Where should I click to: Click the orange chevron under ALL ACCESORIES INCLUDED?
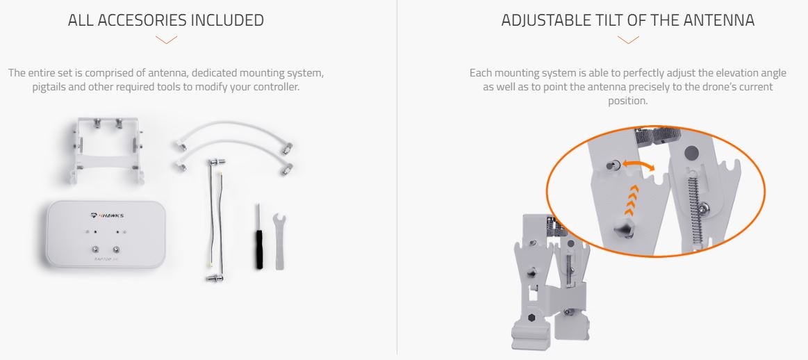click(166, 40)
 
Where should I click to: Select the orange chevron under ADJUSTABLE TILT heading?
click(627, 40)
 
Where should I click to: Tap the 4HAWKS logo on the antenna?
click(107, 215)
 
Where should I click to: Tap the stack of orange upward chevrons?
click(629, 200)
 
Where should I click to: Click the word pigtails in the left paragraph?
click(49, 87)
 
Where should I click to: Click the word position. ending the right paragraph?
click(627, 101)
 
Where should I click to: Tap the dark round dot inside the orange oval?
click(691, 152)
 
